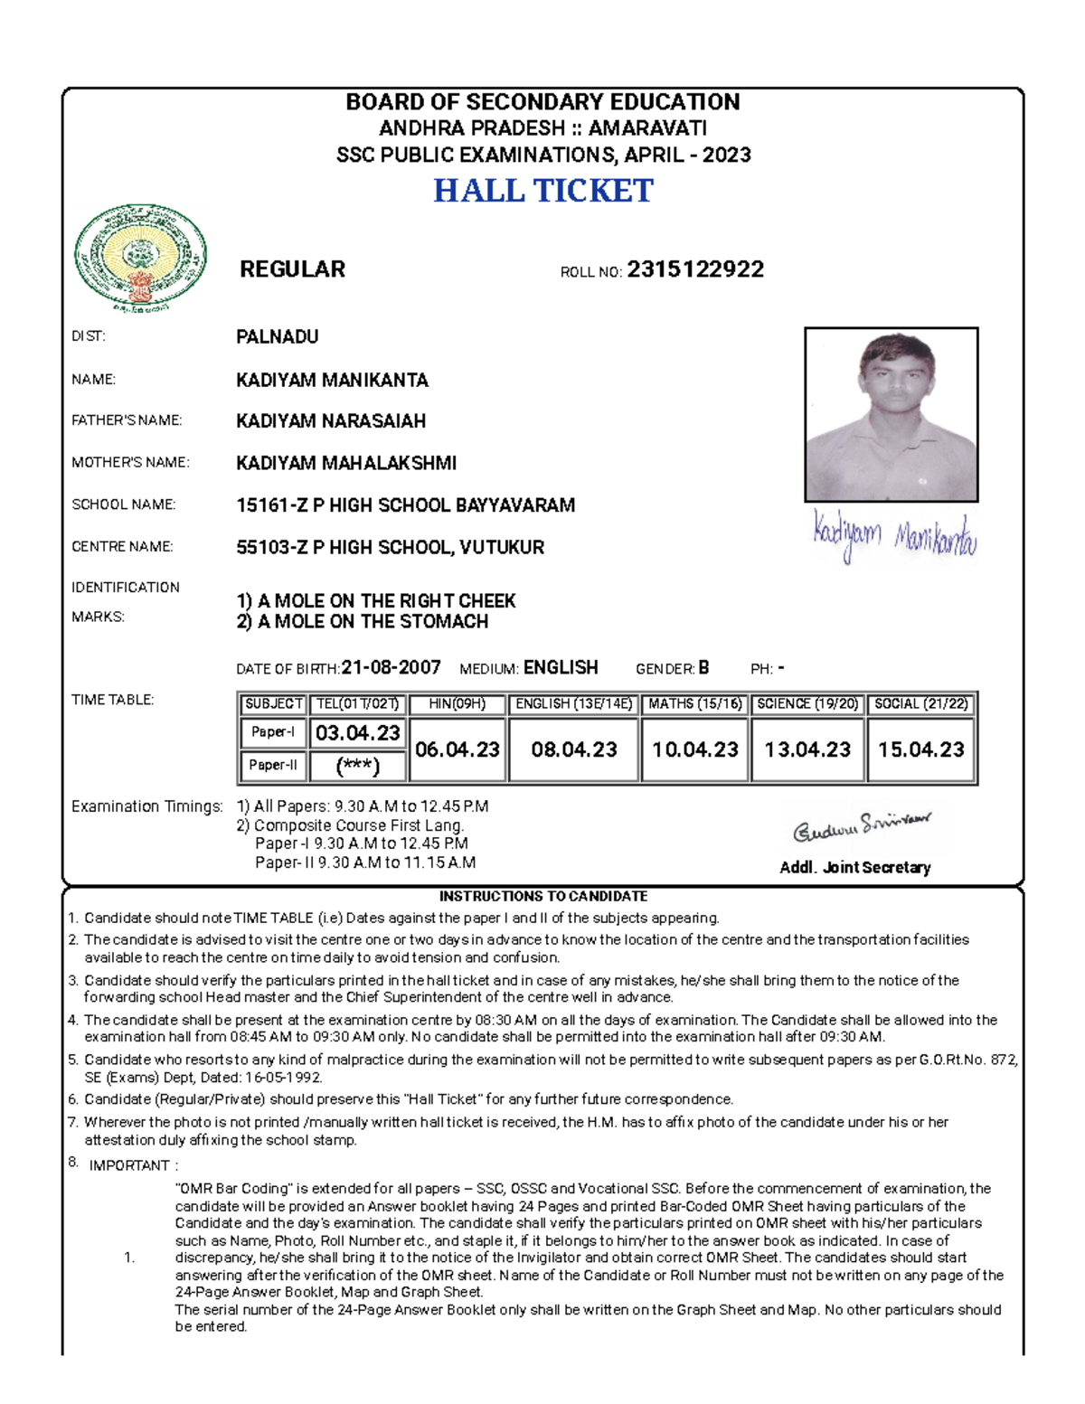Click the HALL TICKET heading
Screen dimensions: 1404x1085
coord(542,191)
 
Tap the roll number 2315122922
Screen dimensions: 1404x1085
coord(694,269)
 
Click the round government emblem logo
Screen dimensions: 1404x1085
coord(140,259)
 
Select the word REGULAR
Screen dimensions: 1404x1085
coord(292,269)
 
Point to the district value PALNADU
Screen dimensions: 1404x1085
coord(277,337)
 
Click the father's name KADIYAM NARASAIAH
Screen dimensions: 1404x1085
coord(331,421)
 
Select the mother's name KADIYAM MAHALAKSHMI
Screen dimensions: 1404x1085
coord(346,464)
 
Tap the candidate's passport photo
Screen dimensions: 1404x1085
coord(891,414)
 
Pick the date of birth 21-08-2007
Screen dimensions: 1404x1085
coord(391,668)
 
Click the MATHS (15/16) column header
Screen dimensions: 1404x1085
coord(694,703)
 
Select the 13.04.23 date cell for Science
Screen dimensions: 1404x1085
coord(807,749)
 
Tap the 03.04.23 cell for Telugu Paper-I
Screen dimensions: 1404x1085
coord(357,733)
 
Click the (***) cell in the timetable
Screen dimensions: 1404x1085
coord(357,767)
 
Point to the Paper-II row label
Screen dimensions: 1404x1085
coord(273,765)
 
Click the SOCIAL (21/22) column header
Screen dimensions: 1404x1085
coord(920,703)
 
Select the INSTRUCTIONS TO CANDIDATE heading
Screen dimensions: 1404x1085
coord(542,897)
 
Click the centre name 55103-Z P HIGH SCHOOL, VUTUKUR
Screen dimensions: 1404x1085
coord(390,548)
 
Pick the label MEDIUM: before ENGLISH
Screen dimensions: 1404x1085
coord(488,670)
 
